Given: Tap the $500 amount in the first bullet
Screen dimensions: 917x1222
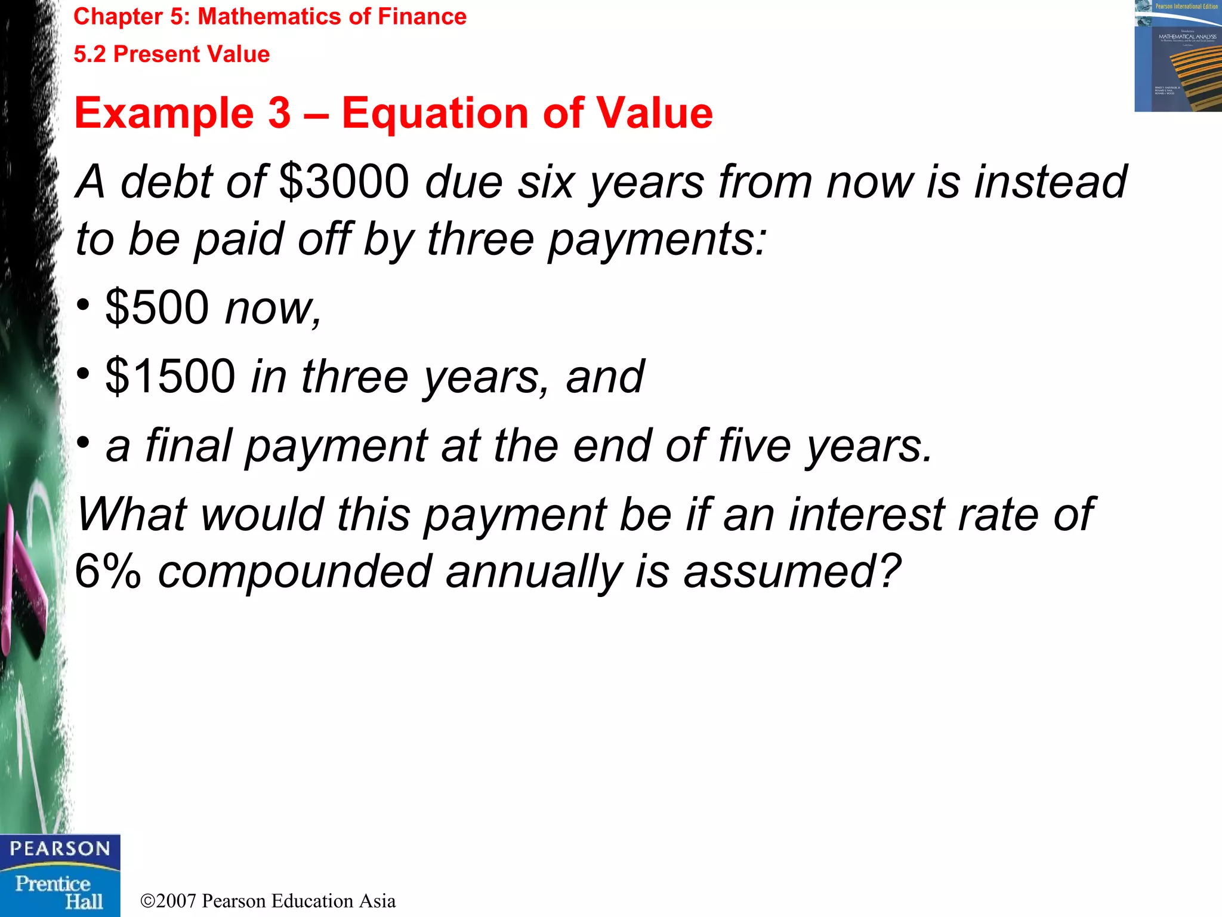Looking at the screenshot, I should coord(157,307).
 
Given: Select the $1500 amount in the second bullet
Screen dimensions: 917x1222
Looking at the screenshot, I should coord(170,376).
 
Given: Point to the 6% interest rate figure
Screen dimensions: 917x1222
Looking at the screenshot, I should coord(108,571).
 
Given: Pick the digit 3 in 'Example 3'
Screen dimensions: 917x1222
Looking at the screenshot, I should coord(279,113).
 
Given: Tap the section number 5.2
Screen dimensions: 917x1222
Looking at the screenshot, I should coord(90,54).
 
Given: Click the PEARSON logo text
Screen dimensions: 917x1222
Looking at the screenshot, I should coord(60,849).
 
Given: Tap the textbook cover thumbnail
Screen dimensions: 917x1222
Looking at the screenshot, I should coord(1177,56).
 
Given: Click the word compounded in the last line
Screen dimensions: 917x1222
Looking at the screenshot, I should coord(295,571).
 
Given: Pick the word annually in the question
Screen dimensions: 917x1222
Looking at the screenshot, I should coord(533,571).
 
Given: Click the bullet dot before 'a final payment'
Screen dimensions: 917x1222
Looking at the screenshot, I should coord(84,443).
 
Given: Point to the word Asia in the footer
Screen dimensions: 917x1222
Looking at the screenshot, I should coord(377,901).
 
